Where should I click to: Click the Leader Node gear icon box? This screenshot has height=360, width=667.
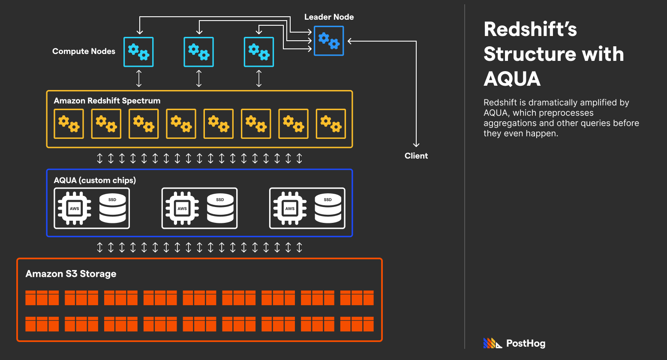point(329,41)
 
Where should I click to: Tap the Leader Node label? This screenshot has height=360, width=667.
point(329,17)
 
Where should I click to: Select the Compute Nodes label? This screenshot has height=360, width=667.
point(84,51)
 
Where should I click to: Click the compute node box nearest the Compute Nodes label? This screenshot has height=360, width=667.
point(138,52)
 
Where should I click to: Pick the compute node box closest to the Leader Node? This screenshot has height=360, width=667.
point(259,52)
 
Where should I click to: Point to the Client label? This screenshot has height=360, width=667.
point(416,156)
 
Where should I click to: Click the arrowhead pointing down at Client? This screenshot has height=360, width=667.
point(416,145)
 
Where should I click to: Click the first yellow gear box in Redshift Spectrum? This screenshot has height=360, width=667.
point(69,124)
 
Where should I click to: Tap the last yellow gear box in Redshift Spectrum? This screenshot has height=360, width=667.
point(331,124)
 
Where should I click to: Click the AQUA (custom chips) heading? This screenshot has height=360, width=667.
point(95,180)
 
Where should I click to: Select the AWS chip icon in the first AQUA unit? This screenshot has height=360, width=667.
point(75,208)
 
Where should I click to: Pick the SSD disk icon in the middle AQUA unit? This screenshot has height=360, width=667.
point(220,208)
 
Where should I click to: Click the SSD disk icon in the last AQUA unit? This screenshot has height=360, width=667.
point(328,208)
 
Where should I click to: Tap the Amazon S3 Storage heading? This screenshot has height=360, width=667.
point(71,274)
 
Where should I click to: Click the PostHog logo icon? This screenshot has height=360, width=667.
point(492,343)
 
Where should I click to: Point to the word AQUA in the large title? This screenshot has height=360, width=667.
point(512,79)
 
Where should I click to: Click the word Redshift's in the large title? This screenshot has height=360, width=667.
point(530,30)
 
